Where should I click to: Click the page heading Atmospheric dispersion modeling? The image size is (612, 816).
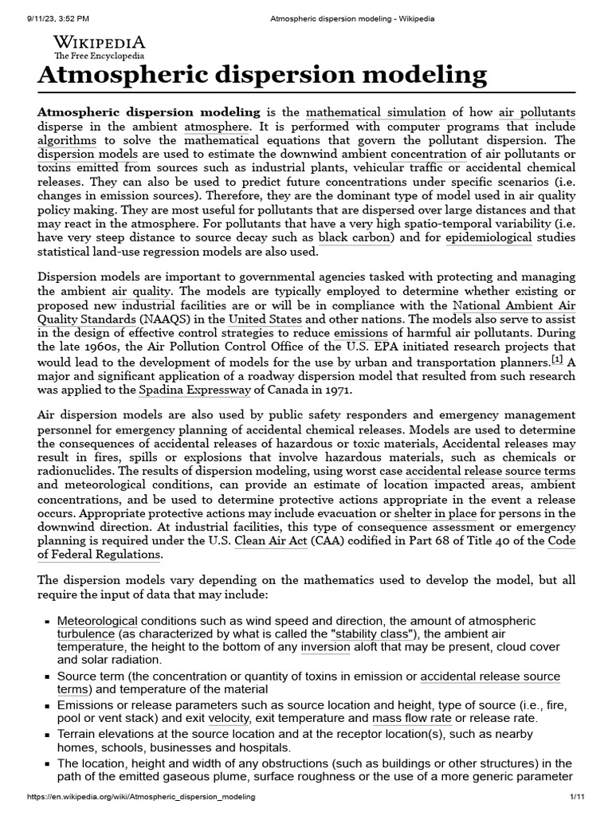point(262,76)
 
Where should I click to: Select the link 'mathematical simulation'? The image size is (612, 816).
point(377,112)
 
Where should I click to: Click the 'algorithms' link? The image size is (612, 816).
point(67,140)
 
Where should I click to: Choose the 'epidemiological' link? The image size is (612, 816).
point(487,237)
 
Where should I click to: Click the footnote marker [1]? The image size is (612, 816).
point(558,359)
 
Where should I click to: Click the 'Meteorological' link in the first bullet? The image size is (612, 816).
point(97,621)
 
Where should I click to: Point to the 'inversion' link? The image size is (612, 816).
point(325,647)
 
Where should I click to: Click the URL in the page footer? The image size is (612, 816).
point(141,797)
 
